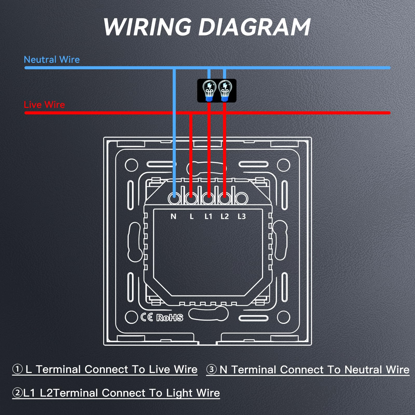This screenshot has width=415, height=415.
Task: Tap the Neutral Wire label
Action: tap(52, 60)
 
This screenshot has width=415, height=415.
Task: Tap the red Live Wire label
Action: tap(44, 105)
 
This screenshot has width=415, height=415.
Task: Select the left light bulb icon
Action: tap(209, 91)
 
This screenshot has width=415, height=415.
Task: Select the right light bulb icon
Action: tap(225, 91)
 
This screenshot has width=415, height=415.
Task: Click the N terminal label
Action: tap(174, 216)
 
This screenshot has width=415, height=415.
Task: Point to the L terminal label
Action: tap(191, 216)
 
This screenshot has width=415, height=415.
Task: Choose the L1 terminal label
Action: tap(208, 216)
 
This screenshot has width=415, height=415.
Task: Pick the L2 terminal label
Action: tap(225, 216)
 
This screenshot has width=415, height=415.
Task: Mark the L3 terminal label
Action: tap(241, 216)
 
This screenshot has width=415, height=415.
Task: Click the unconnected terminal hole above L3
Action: tap(241, 199)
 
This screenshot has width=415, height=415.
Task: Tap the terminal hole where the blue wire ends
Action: tap(174, 199)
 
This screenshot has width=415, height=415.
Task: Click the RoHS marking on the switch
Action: tap(170, 317)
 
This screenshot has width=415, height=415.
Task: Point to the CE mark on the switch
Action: tap(147, 317)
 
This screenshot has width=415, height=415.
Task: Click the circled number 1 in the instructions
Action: tap(18, 369)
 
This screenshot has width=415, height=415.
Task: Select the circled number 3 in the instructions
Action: tap(211, 369)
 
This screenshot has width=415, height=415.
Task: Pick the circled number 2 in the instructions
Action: tap(18, 393)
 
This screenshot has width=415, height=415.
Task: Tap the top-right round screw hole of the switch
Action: tap(283, 165)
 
